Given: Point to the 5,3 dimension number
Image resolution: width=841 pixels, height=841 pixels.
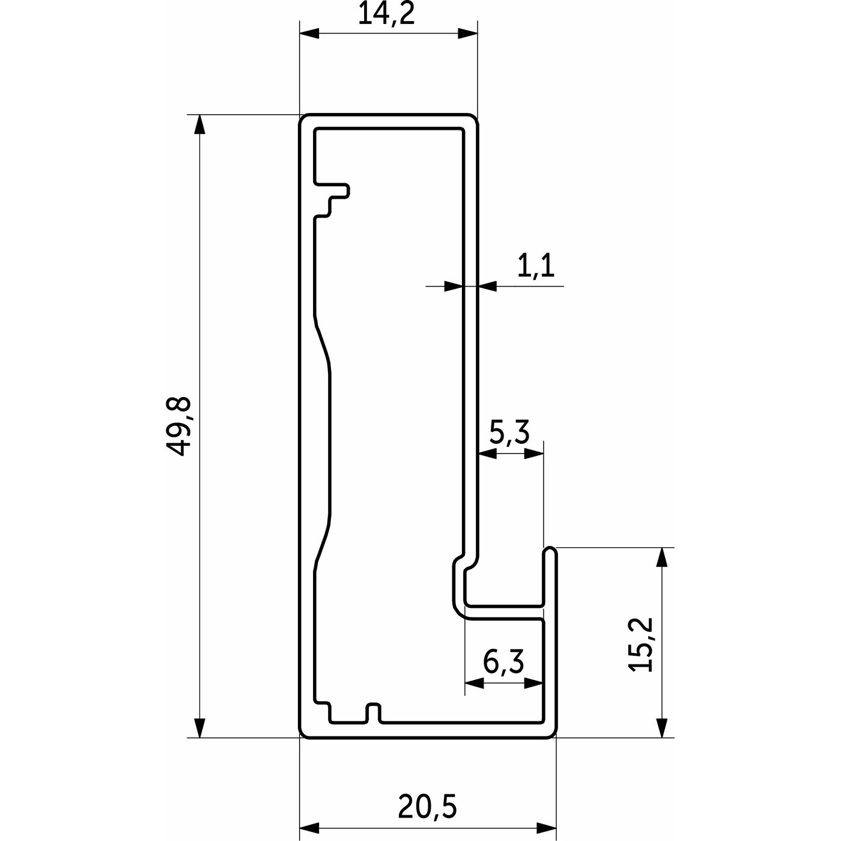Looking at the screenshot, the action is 509,433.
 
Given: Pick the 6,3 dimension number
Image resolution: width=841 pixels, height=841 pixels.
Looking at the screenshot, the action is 503,662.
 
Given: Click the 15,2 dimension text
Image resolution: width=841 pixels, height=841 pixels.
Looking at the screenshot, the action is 641,644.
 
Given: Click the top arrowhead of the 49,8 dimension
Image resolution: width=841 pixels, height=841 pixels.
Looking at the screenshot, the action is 199,124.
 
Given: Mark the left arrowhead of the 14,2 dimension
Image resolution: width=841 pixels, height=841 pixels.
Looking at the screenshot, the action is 309,34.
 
